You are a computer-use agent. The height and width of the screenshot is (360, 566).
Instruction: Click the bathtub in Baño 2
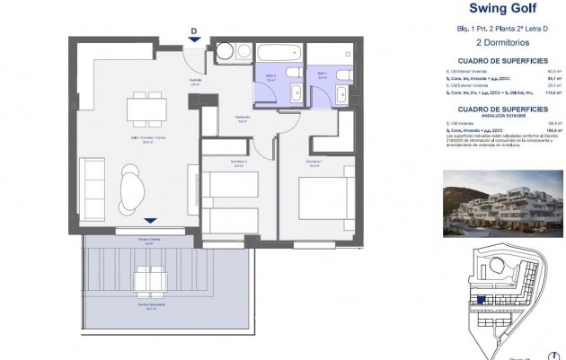pos(279,52)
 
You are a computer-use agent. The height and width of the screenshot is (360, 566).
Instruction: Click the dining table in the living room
pos(145,109)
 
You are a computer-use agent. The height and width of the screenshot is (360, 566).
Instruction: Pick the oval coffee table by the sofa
pos(133,190)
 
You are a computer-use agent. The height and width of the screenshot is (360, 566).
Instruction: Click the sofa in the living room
pos(95,189)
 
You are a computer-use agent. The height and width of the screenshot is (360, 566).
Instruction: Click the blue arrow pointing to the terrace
pos(149,220)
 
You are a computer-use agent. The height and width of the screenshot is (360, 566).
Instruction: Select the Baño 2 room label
pos(270,76)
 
